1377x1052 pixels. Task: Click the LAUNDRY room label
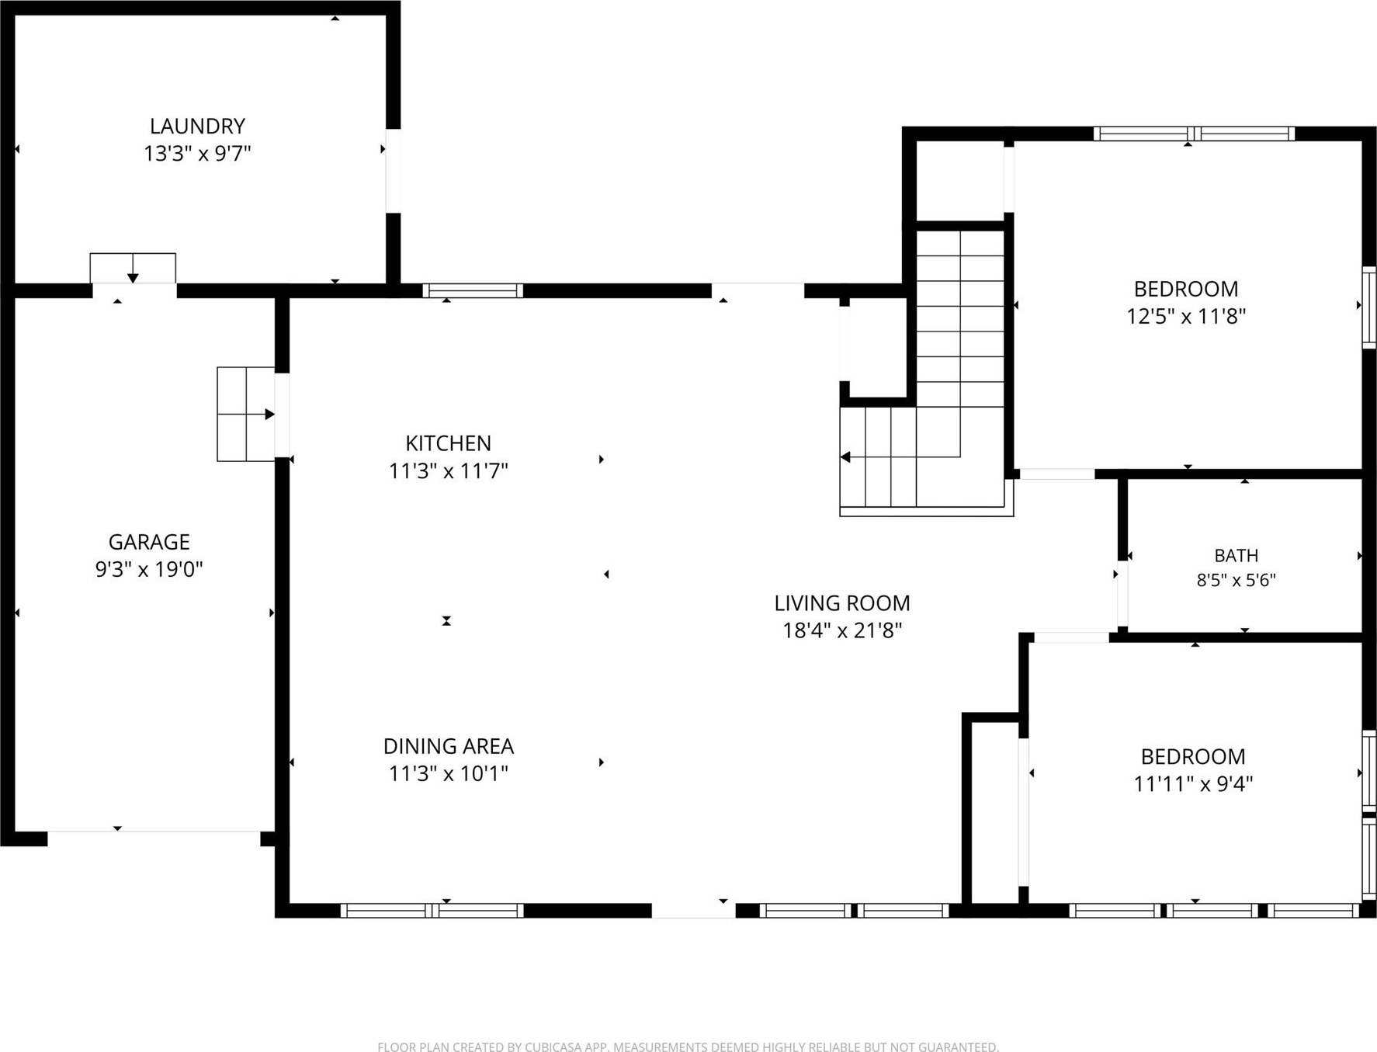[197, 126]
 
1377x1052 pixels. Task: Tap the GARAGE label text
[149, 542]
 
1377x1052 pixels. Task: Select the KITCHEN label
[448, 443]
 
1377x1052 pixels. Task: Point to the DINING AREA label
[448, 746]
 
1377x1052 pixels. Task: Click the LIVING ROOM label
[842, 603]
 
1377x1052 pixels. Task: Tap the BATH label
[1237, 556]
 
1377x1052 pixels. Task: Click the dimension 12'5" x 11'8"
[1186, 316]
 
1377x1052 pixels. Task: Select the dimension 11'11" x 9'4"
[1193, 783]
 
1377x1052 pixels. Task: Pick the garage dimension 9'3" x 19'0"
[149, 569]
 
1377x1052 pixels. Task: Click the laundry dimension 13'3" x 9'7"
[197, 153]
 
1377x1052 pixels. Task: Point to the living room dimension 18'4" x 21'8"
[842, 630]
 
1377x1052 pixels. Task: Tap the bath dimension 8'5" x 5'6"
[1237, 580]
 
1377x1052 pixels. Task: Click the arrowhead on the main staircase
[846, 457]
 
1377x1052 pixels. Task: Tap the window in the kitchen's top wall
[473, 291]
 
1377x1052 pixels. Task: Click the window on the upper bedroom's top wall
[1194, 134]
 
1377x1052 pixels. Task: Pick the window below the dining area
[432, 911]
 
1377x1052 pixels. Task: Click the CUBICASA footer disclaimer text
[688, 1047]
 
